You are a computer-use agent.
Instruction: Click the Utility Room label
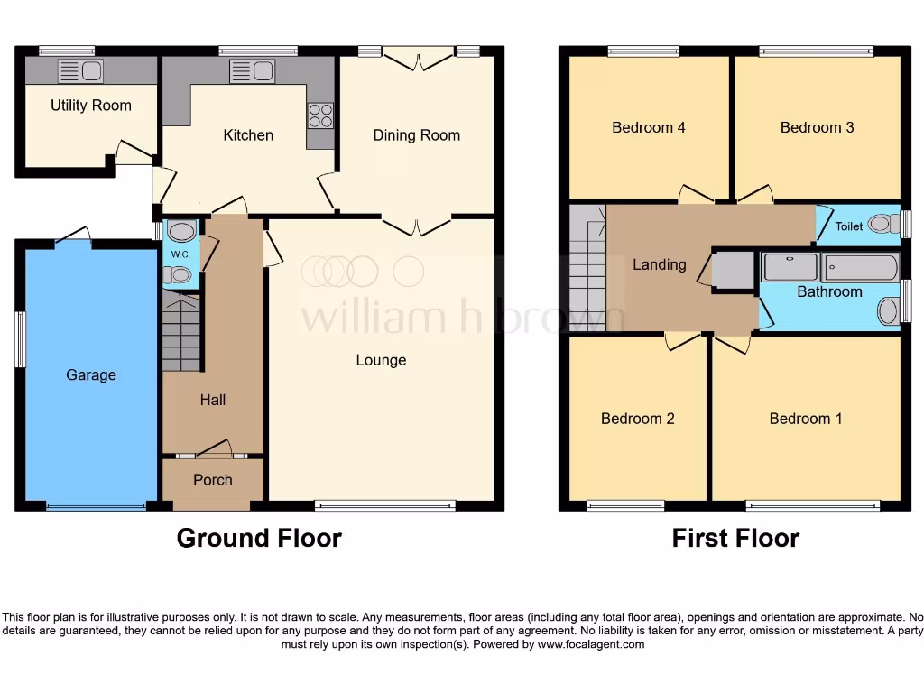(90, 106)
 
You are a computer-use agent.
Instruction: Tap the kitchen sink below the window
(252, 71)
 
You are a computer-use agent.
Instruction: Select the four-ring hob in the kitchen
(320, 115)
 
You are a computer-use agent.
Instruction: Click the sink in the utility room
(80, 71)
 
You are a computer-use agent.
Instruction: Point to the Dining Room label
(416, 135)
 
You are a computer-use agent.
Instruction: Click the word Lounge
(381, 360)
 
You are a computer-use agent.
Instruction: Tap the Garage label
(90, 374)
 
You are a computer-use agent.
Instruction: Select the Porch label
(213, 480)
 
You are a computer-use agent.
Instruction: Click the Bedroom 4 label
(648, 127)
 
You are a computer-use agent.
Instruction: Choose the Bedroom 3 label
(817, 127)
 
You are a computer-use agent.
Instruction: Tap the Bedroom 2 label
(637, 419)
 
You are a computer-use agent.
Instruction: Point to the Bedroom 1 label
(805, 419)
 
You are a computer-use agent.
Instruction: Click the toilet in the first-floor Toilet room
(883, 224)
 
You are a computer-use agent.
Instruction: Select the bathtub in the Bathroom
(860, 267)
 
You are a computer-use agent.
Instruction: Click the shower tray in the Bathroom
(790, 267)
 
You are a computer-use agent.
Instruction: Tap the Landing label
(659, 264)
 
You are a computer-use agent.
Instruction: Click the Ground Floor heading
(259, 538)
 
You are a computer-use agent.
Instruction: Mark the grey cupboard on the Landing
(733, 270)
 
